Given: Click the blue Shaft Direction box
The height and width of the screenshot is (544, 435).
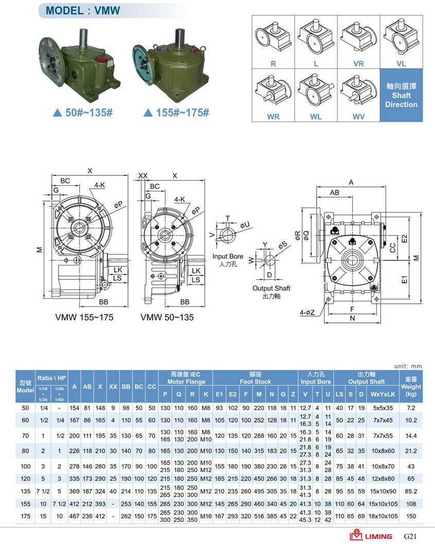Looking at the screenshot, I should pos(401,95).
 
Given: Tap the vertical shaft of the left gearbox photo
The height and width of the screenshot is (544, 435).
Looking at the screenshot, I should pos(83,40).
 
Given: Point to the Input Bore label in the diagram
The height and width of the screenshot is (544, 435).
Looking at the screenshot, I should pos(228,260).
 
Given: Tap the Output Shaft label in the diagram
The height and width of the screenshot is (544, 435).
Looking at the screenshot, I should pos(271,292).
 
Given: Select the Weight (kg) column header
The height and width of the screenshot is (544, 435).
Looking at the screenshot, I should pos(411,386).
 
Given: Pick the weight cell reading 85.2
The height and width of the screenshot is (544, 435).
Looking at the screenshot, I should pos(411,490).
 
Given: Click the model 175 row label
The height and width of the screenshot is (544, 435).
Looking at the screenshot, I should pos(25,515).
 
